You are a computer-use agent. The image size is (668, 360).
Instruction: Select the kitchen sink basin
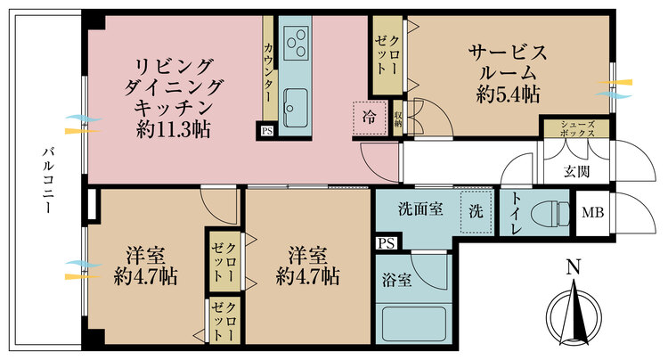point(294,109)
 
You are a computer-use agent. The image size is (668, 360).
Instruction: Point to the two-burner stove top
point(295,40)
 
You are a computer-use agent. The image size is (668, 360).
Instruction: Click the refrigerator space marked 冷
point(370,116)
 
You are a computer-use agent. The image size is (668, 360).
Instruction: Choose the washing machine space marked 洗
point(476,213)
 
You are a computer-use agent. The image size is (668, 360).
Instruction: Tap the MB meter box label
point(591,214)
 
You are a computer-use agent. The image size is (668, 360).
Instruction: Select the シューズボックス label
point(577,128)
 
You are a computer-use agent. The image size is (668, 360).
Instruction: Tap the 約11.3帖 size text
point(173,128)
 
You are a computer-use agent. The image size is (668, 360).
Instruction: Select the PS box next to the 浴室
point(385,241)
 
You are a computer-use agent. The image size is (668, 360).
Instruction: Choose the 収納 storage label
point(397,116)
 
